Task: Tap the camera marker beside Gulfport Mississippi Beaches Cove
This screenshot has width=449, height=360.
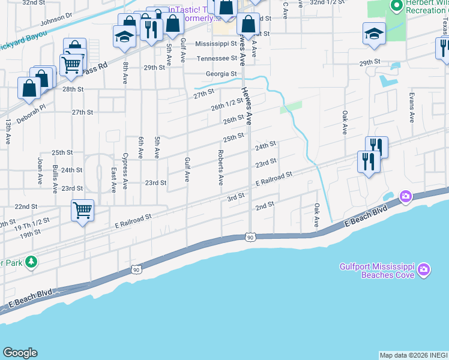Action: [424, 269]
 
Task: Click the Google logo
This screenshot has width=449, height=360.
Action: [20, 353]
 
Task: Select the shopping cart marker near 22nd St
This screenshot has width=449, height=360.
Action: [82, 211]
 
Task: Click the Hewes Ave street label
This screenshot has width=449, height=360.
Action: [246, 106]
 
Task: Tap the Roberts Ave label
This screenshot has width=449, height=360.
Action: [220, 164]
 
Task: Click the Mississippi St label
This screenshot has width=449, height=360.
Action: [216, 44]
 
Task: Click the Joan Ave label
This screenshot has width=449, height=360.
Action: [40, 170]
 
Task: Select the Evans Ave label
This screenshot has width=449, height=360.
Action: [412, 108]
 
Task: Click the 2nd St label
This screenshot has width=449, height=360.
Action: [265, 205]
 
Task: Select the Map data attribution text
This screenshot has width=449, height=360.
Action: [414, 355]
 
